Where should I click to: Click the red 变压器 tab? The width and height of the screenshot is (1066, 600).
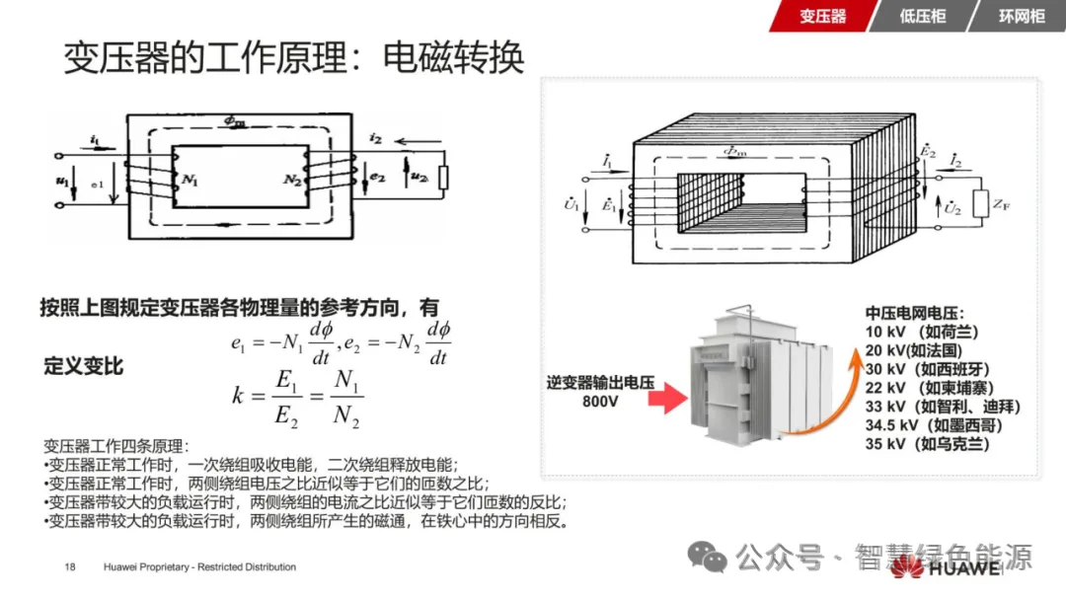coord(822,17)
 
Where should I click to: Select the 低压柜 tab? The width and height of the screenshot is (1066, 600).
coord(922,17)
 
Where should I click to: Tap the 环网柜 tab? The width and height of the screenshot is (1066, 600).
coord(1021,17)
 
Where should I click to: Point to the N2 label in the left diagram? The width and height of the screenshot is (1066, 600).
coord(293,179)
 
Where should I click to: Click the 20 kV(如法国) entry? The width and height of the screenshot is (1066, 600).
coord(913,349)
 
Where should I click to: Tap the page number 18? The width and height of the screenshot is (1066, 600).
coord(70,566)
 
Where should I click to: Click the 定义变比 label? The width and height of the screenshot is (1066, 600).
coord(84,366)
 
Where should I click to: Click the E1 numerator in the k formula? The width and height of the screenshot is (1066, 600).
coord(287,381)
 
